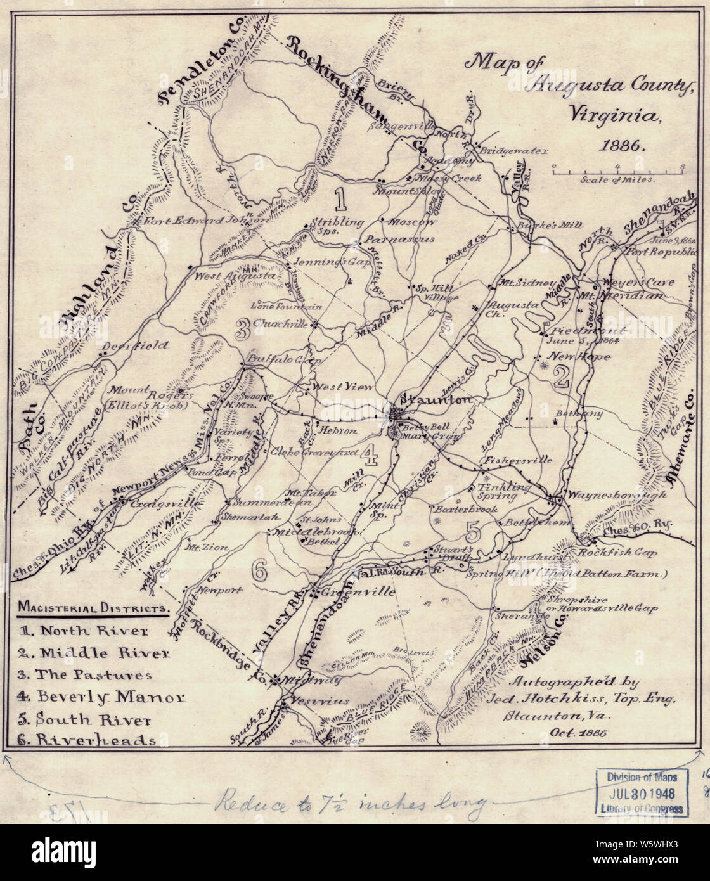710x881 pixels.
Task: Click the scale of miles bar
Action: (617, 169)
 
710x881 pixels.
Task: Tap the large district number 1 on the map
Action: (340, 198)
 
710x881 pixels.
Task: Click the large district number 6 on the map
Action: (259, 570)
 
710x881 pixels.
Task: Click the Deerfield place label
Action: (135, 345)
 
